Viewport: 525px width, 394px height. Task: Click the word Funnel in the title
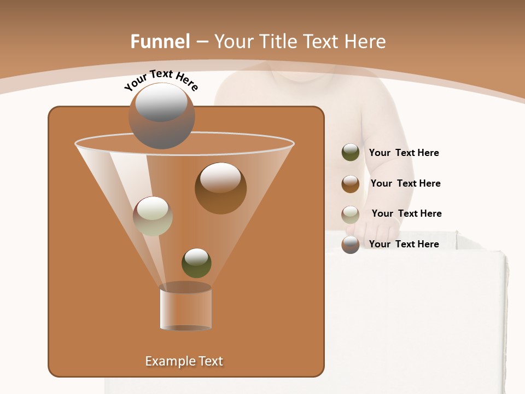(160, 42)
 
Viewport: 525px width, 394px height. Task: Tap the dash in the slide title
(202, 42)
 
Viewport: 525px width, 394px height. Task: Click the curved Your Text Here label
(161, 80)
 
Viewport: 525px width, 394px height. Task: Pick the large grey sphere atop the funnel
(162, 116)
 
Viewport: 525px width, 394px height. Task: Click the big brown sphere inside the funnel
(220, 188)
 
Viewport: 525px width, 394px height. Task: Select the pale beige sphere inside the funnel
(153, 216)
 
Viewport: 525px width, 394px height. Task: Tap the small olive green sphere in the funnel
(196, 263)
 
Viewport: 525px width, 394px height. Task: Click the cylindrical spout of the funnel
(186, 308)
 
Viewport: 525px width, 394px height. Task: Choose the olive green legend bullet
(351, 152)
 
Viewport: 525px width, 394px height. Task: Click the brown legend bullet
(351, 183)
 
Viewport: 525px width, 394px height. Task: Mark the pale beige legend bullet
(351, 214)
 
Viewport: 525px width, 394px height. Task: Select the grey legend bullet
(351, 245)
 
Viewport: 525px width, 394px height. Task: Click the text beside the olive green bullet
(404, 153)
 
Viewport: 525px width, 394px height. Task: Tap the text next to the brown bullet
(405, 183)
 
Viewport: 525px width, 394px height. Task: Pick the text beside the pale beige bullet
(406, 213)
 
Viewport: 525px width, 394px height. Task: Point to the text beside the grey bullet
(404, 244)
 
